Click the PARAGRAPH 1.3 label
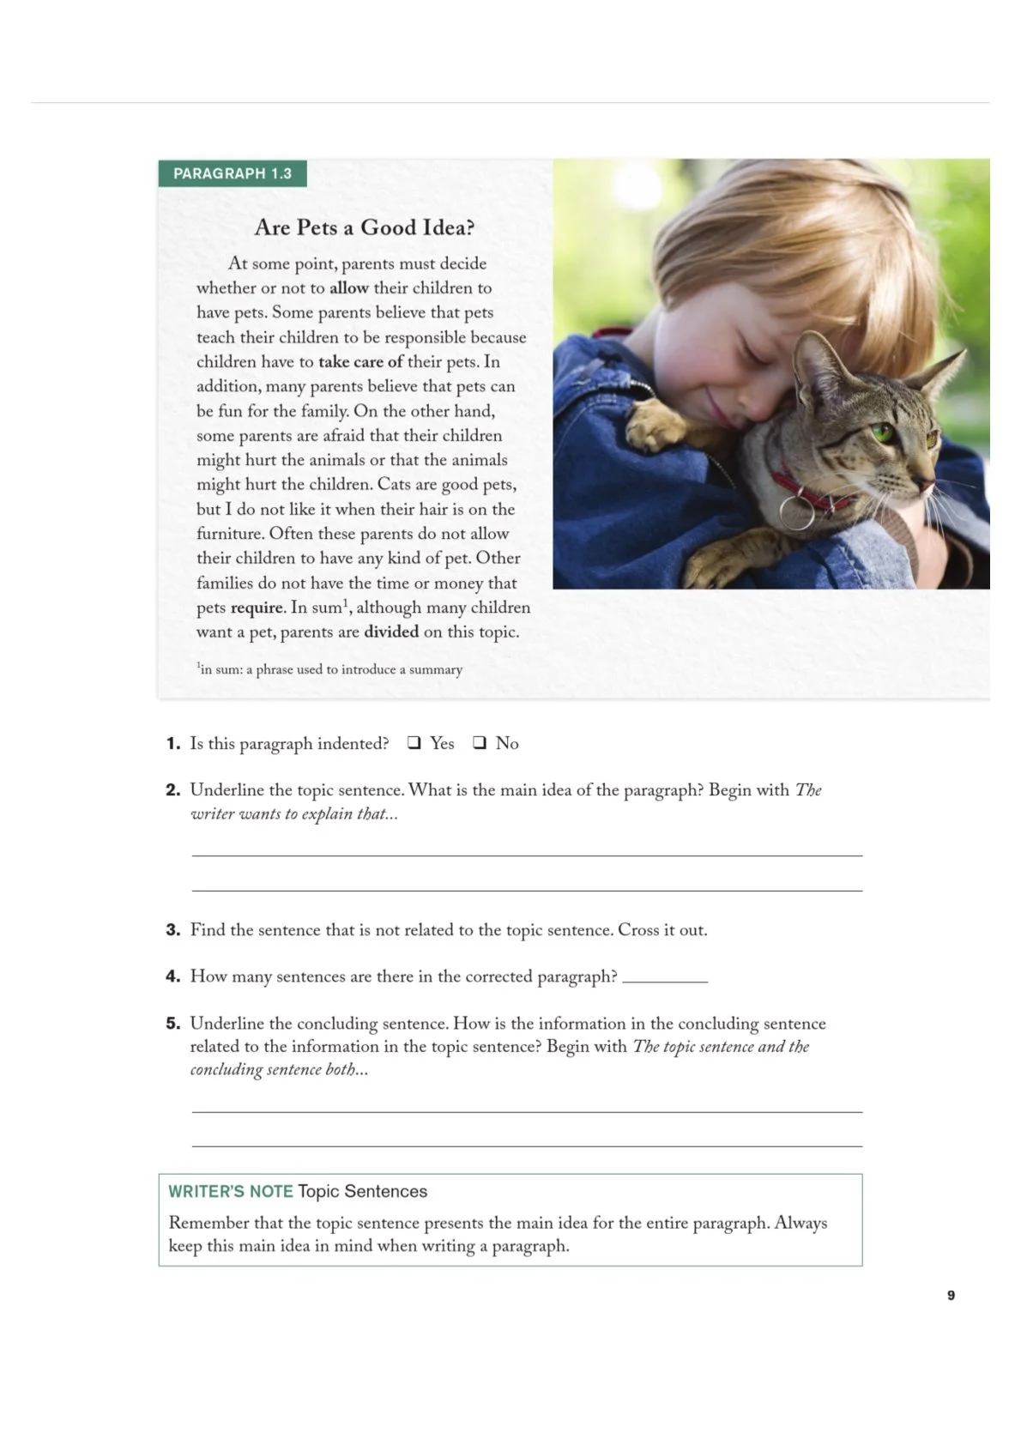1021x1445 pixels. [233, 173]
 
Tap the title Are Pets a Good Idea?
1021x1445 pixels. [364, 227]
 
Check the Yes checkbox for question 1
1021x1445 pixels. [414, 742]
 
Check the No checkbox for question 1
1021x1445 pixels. [480, 742]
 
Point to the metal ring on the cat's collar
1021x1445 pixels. [796, 511]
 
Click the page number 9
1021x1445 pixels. [951, 1295]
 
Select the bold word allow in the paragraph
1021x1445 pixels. [348, 288]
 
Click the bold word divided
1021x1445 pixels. [391, 632]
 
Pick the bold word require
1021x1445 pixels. [257, 608]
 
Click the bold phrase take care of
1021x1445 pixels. [360, 362]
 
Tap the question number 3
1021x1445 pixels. [172, 930]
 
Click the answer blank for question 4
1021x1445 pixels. [665, 977]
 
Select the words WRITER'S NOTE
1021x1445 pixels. [230, 1191]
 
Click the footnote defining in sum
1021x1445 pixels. [329, 669]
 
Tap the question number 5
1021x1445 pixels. [172, 1024]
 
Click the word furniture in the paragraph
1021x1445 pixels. [231, 534]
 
